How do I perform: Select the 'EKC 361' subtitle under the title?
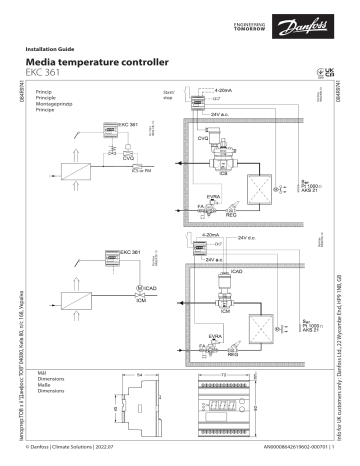coord(56,73)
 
